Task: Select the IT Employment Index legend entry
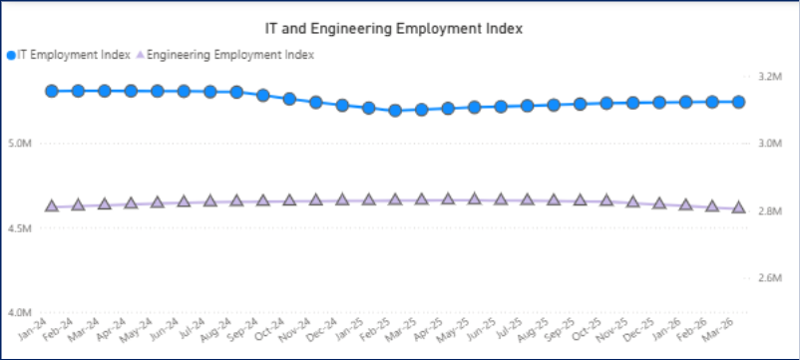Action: pyautogui.click(x=69, y=55)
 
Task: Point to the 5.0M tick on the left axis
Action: pyautogui.click(x=21, y=144)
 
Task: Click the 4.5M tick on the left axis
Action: pyautogui.click(x=21, y=228)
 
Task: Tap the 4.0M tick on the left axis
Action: pyautogui.click(x=21, y=312)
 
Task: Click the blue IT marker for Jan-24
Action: pyautogui.click(x=52, y=91)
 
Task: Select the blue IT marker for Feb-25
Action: pyautogui.click(x=395, y=111)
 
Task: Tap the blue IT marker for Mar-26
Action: pyautogui.click(x=738, y=102)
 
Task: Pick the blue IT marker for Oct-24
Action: pyautogui.click(x=289, y=99)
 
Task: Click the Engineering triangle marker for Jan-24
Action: pyautogui.click(x=52, y=205)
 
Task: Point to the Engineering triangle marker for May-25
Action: pyautogui.click(x=474, y=198)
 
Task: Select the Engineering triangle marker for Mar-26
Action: pyautogui.click(x=738, y=206)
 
